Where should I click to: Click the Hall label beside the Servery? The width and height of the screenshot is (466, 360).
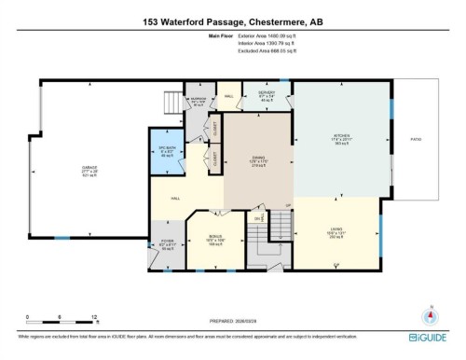point(229,94)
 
